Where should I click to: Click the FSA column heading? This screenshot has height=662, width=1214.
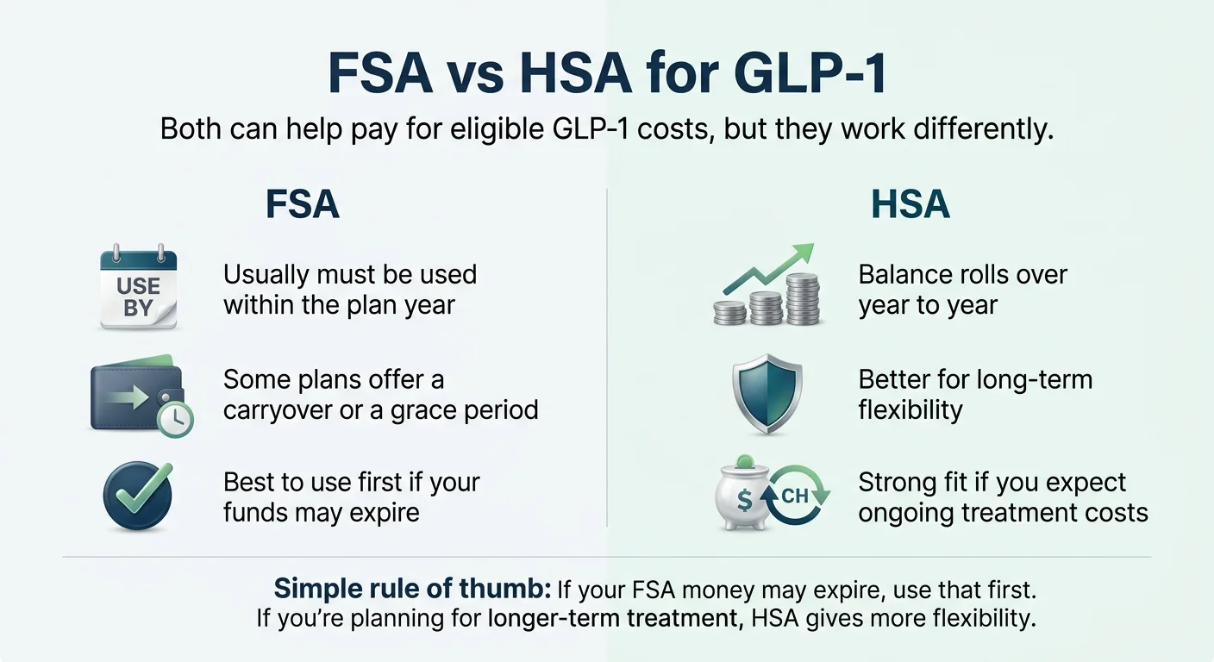(302, 205)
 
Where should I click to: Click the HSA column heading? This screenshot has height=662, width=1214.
(910, 205)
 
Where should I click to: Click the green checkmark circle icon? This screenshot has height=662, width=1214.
(138, 494)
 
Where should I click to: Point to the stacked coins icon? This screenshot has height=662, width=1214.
(767, 297)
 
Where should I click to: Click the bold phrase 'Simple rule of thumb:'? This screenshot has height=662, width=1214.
(412, 590)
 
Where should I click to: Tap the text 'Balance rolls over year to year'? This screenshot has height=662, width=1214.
(962, 290)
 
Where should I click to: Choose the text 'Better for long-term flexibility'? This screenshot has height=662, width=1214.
(974, 394)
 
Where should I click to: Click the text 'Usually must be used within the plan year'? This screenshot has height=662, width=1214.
(349, 290)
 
